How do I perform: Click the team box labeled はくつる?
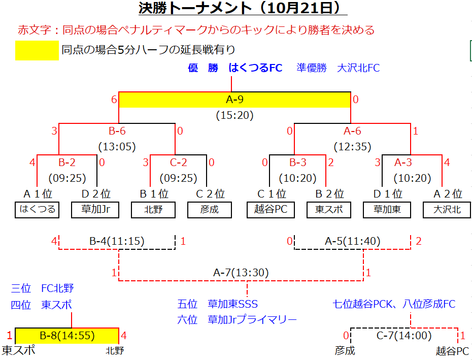(x=37, y=210)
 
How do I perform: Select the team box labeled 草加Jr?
(x=95, y=210)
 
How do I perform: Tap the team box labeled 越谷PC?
(x=271, y=210)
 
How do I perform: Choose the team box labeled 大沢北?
(x=447, y=210)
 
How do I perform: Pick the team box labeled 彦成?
(x=210, y=210)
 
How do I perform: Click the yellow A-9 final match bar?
(x=235, y=100)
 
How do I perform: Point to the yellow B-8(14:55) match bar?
(x=67, y=336)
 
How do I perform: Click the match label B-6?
(x=117, y=131)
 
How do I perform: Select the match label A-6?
(x=353, y=131)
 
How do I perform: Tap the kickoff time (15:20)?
(x=235, y=115)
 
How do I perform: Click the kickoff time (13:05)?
(x=117, y=147)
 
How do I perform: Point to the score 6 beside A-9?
(x=114, y=100)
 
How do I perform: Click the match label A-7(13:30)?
(x=241, y=273)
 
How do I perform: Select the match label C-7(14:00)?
(x=404, y=335)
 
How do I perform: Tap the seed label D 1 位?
(x=388, y=194)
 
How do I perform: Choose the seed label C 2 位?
(x=210, y=194)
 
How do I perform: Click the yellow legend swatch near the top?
(x=37, y=51)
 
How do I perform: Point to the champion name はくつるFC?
(x=255, y=68)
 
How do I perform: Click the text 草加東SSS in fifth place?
(x=232, y=304)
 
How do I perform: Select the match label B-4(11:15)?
(x=117, y=241)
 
